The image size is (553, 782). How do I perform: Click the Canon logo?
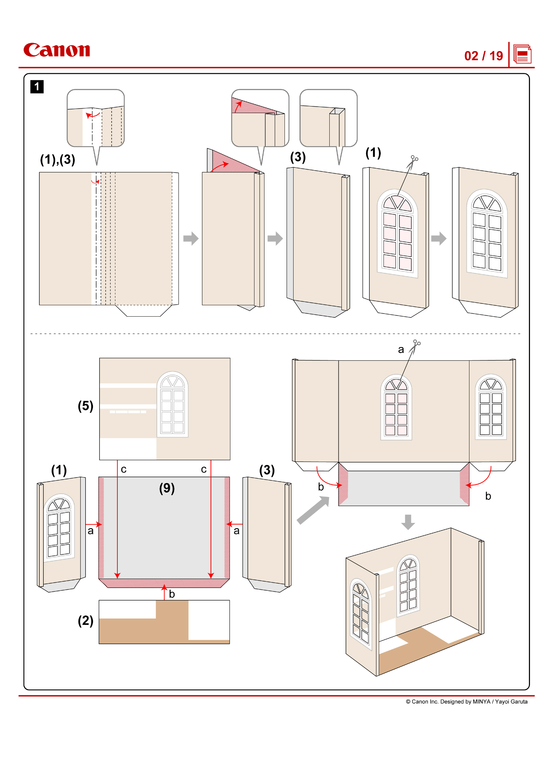pos(57,50)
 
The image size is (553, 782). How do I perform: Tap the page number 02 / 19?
pos(483,56)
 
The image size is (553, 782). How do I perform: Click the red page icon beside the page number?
pos(522,54)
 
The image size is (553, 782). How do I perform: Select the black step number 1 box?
pos(37,87)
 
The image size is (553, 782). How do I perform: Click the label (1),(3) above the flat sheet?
pos(58,159)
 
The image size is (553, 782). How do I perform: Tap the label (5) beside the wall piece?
pos(86,406)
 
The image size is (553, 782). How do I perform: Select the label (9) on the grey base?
pos(167,488)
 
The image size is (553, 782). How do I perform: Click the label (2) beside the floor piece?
pos(86,620)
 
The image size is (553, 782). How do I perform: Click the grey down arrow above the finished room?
pos(408,522)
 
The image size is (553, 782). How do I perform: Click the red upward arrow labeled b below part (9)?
pos(164,592)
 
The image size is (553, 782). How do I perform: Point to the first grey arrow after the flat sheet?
pos(191,238)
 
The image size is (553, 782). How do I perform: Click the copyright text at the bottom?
pos(466,702)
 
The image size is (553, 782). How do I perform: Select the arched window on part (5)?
pos(172,404)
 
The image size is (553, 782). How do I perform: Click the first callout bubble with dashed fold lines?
pos(96,118)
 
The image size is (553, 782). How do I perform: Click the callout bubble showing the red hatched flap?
pos(260,118)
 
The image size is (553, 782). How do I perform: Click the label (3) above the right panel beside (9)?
pos(266,470)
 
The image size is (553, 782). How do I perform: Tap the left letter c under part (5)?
pos(124,469)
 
